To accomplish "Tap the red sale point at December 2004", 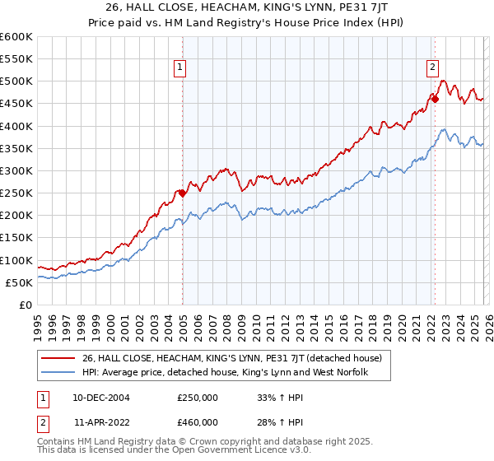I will [x=182, y=193].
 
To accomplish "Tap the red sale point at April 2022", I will [x=435, y=99].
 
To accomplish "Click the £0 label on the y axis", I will [x=26, y=305].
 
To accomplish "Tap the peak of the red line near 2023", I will [x=443, y=81].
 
